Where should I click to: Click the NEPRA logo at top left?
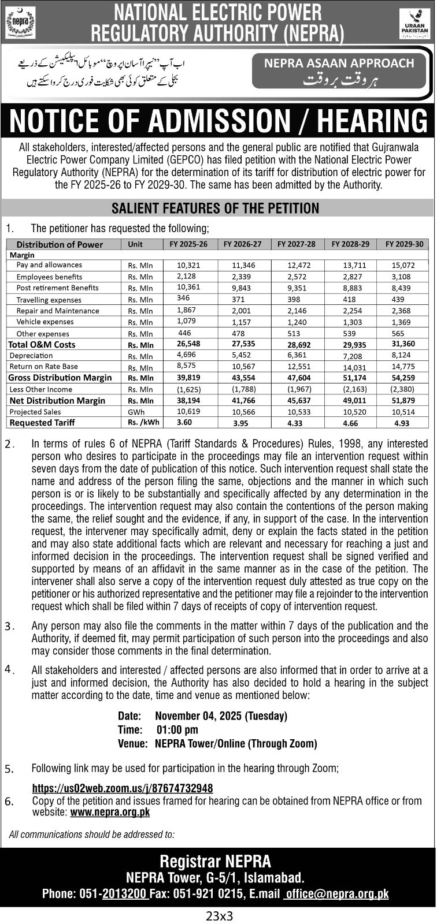[20, 23]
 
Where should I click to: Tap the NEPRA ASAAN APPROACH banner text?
[339, 64]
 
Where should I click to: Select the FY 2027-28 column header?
[297, 244]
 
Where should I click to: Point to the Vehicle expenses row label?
[45, 322]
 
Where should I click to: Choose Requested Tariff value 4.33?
[297, 423]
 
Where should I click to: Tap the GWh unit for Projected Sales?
[136, 412]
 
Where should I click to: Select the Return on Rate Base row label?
[43, 366]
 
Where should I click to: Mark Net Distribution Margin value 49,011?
[350, 400]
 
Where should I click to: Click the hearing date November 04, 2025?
[221, 716]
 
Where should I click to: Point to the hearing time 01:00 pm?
[177, 730]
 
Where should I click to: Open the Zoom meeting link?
[123, 788]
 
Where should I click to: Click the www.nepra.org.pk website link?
[110, 812]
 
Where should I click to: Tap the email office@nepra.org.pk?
[338, 894]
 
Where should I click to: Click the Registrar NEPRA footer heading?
[215, 862]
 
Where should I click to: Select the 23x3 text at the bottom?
[218, 915]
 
